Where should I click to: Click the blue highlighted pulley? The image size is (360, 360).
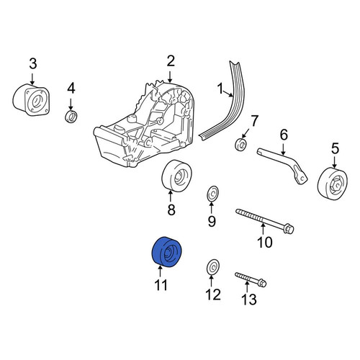pos(167,251)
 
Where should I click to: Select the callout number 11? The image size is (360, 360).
pos(161,285)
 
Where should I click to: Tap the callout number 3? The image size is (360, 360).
pos(33,64)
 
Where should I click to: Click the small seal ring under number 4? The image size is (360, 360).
pos(71,117)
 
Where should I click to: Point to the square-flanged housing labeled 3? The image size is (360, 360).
pos(31,100)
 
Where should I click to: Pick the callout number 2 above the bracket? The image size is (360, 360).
pos(171,61)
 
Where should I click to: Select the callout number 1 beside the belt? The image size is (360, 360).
pos(220,89)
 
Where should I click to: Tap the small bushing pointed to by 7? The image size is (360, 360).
pos(240,145)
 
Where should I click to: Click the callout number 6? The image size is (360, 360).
pos(284,135)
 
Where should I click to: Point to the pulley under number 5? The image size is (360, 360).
pos(333,184)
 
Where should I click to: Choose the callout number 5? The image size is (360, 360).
pos(335,148)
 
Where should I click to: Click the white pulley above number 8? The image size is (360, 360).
pos(178,176)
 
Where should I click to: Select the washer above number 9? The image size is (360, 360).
pos(212,193)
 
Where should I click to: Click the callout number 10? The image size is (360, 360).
pos(264,242)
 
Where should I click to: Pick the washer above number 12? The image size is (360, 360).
pos(212,267)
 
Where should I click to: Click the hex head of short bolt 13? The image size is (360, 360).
pos(262,283)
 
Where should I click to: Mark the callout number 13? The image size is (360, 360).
pos(249,299)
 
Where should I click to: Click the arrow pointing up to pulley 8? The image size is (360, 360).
pos(171,197)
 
